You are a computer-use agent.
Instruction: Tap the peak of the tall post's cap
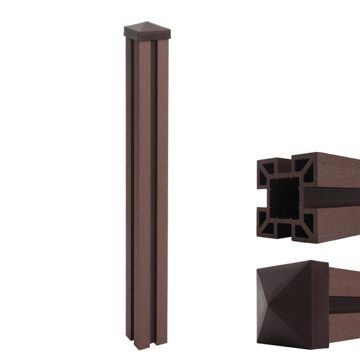click(145, 24)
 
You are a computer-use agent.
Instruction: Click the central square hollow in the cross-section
click(285, 197)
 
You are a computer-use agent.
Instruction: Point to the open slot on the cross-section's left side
click(261, 197)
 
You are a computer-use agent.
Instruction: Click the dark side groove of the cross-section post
click(338, 197)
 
